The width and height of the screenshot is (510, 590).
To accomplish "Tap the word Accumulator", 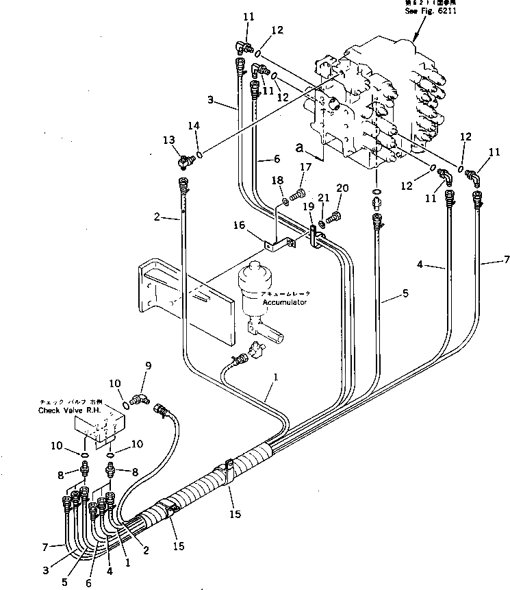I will click(285, 302).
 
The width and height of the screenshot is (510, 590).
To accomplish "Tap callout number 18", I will click(278, 180).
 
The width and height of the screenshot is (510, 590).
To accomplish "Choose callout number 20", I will click(342, 188).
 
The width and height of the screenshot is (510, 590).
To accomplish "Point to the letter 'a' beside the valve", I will click(298, 146).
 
